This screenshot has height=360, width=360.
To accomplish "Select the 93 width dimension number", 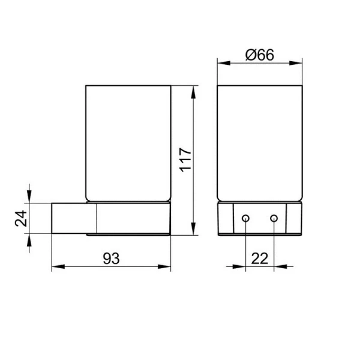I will pos(110,258).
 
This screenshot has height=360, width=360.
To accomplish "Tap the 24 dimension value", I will pos(20,219).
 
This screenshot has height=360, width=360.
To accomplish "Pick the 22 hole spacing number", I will pos(259,258).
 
